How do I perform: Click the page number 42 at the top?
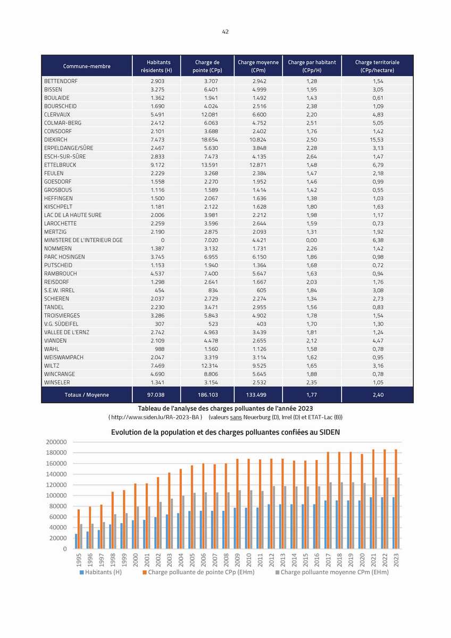(225, 32)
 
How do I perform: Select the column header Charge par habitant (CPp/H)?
(312, 66)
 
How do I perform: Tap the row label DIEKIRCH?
(56, 139)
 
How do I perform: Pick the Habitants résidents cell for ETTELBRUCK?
(157, 165)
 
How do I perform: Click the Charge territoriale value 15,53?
(378, 139)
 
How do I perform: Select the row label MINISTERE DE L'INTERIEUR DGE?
(83, 240)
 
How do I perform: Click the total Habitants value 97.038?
(156, 395)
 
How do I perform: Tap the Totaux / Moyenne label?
(87, 395)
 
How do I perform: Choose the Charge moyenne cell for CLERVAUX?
(260, 115)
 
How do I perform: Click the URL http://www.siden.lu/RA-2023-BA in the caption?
(155, 418)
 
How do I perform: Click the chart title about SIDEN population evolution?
(225, 432)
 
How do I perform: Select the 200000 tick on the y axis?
(56, 442)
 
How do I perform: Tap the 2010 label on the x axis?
(249, 560)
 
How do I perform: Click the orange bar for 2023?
(396, 499)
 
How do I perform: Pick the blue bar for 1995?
(76, 541)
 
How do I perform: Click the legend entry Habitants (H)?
(101, 572)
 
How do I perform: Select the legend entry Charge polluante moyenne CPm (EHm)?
(332, 572)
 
